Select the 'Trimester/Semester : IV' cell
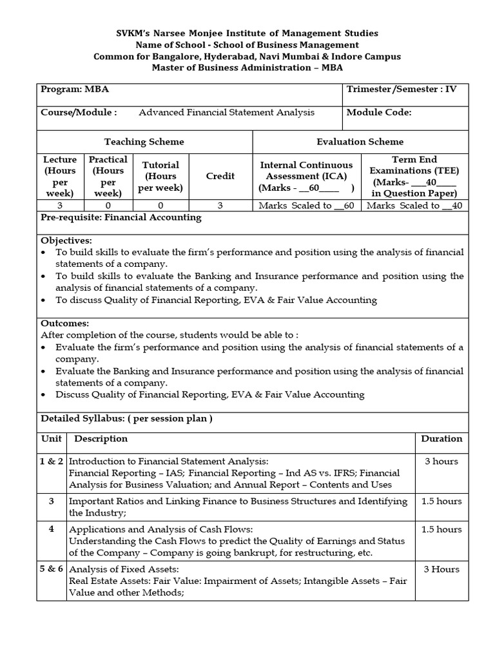pos(402,90)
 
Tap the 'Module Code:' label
pos(379,112)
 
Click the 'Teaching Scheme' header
pos(144,142)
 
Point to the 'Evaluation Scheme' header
pos(360,142)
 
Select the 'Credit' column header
pos(220,176)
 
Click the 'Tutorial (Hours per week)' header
pos(160,176)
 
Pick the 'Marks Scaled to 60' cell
pos(306,206)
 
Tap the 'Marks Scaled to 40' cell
pos(413,206)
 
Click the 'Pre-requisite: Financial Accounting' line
pos(121,218)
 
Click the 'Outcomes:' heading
pos(65,324)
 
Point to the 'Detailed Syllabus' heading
pos(126,418)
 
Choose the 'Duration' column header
pos(442,439)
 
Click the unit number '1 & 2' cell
pos(52,461)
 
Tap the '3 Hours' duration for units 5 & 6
pos(442,569)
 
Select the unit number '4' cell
pos(52,529)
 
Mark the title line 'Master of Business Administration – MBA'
pos(247,68)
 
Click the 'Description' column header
pos(101,439)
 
